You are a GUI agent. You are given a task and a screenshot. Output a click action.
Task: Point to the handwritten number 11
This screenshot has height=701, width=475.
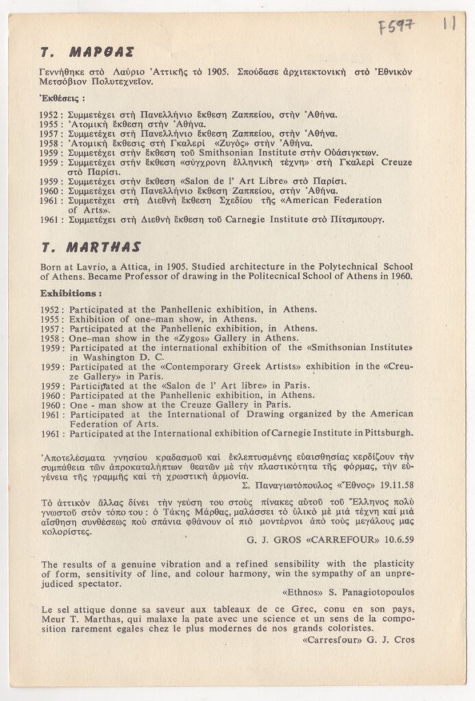[450, 25]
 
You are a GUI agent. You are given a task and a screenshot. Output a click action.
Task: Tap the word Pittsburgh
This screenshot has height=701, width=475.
[387, 433]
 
